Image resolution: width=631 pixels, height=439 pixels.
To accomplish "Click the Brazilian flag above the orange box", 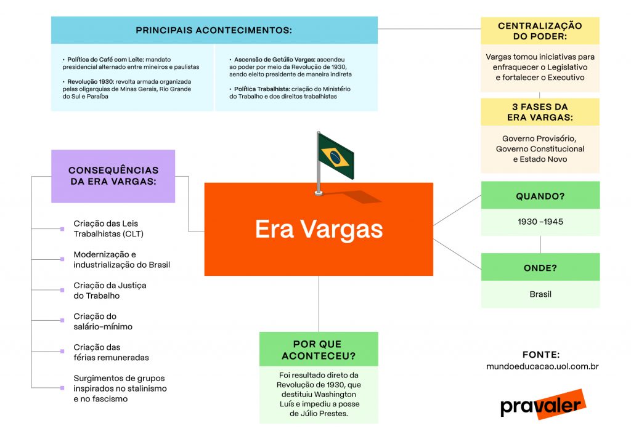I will [335, 157].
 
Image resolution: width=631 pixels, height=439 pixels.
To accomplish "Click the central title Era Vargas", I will [319, 229].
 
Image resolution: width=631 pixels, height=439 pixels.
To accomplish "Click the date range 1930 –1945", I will [540, 222].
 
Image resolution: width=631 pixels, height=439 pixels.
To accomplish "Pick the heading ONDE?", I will [540, 268].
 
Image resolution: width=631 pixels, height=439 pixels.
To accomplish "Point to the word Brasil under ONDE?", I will [540, 294].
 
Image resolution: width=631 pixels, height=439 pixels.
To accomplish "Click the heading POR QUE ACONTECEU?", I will [319, 350].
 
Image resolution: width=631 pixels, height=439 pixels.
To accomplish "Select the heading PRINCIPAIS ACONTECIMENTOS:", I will [214, 30].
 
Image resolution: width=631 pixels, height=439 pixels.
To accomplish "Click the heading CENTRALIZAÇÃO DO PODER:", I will [540, 31].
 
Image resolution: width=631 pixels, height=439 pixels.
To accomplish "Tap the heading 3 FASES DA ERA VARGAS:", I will [540, 112].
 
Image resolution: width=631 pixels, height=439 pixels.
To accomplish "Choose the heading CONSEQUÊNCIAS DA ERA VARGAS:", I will [113, 175].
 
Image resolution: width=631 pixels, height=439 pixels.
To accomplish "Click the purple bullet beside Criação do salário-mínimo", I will [62, 321].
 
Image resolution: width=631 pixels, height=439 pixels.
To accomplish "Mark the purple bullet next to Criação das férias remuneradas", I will [62, 352].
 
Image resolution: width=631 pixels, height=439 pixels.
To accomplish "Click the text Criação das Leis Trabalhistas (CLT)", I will [108, 228].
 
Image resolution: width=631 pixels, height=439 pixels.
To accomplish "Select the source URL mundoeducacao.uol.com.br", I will [542, 366].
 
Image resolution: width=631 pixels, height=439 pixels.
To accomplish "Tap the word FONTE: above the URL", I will [541, 355].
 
